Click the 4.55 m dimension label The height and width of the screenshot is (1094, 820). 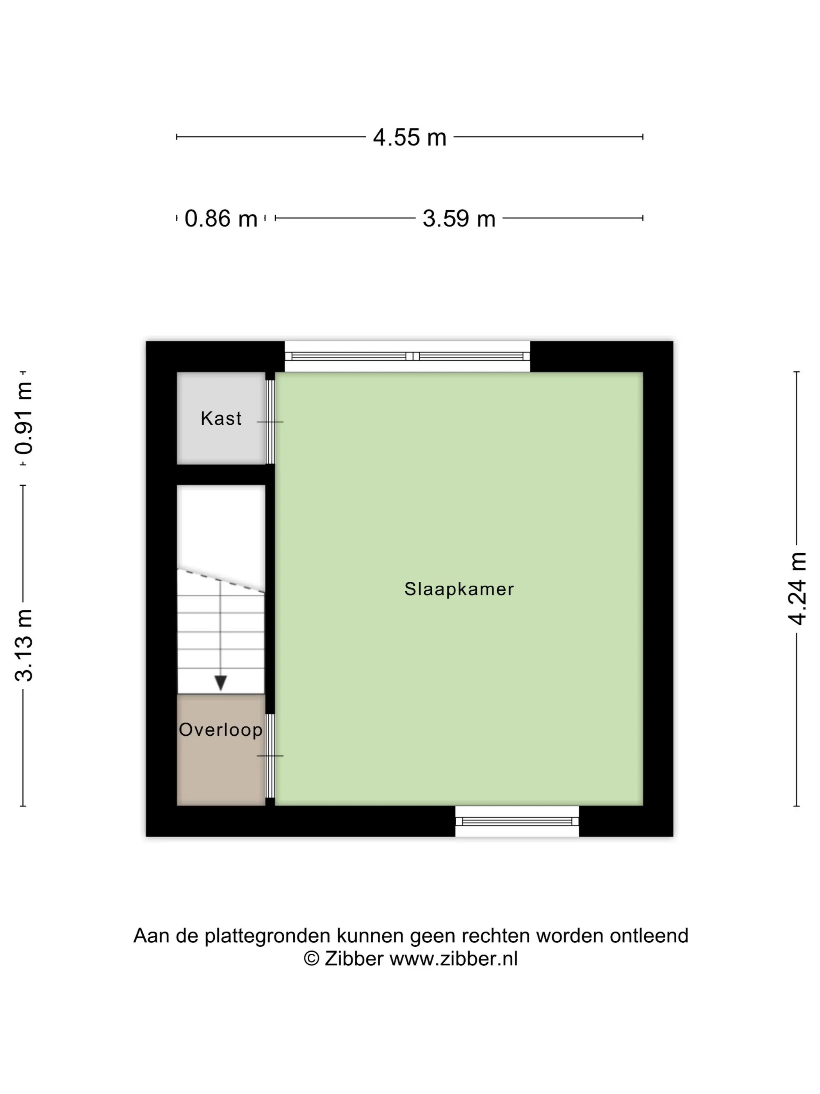tap(409, 137)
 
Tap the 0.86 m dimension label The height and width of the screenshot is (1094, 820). tap(221, 218)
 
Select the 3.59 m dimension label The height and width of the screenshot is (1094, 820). tap(459, 218)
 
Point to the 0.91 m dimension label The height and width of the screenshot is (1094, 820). tap(24, 418)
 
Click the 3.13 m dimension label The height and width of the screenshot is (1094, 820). tap(24, 645)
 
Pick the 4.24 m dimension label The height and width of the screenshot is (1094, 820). tap(797, 588)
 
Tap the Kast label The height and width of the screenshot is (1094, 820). tap(221, 418)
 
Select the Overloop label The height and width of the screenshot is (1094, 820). tap(221, 730)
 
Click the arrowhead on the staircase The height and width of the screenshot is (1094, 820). tap(221, 683)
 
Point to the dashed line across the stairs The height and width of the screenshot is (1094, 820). tap(221, 581)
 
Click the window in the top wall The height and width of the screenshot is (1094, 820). tap(407, 356)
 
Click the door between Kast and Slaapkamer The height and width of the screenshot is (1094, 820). tap(270, 421)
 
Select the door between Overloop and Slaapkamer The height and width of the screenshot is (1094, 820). tap(270, 756)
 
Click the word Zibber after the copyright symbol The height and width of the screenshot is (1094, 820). tap(354, 958)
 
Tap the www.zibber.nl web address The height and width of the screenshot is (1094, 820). tap(453, 958)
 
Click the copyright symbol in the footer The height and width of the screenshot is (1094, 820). tap(311, 958)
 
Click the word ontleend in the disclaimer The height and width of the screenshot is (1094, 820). tap(649, 936)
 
